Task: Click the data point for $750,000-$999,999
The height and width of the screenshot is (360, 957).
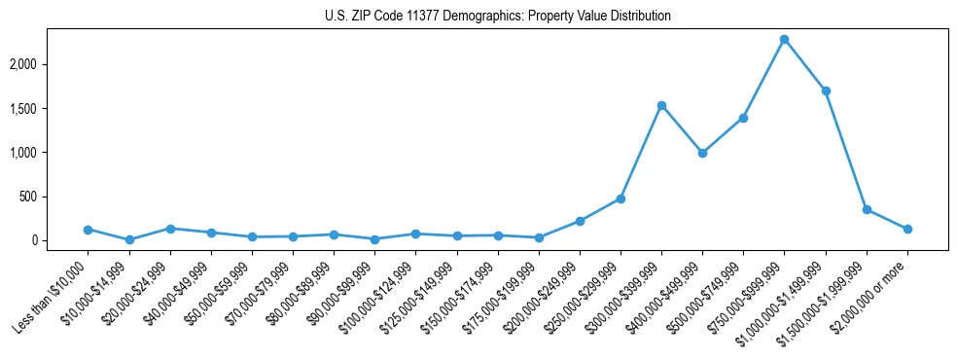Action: click(x=784, y=40)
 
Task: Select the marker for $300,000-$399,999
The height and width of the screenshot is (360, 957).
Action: click(x=661, y=105)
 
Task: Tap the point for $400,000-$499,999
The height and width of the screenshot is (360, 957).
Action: click(x=702, y=153)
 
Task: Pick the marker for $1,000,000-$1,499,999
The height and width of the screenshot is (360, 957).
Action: click(x=826, y=90)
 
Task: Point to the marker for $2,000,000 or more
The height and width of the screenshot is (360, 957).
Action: click(x=907, y=229)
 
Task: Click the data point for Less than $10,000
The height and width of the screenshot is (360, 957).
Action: click(x=88, y=230)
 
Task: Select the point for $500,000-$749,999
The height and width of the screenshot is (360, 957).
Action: click(x=743, y=118)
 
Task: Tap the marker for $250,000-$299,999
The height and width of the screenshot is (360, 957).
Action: click(x=620, y=198)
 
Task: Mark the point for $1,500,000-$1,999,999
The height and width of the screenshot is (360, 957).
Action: click(x=867, y=209)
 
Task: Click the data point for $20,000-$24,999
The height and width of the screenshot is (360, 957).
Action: click(x=170, y=229)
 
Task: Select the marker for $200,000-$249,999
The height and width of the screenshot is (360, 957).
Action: click(x=580, y=221)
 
